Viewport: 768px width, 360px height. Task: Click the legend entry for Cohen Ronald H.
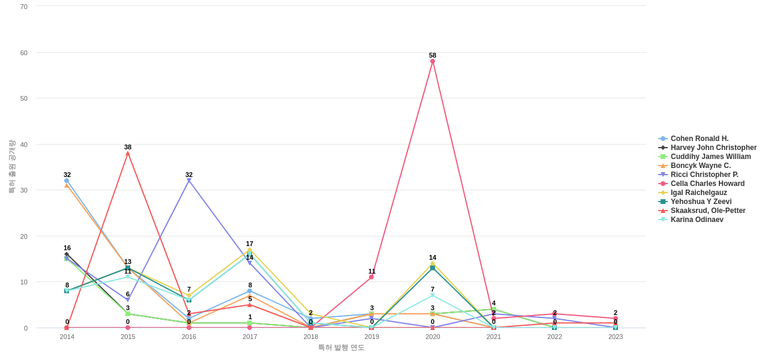click(x=699, y=139)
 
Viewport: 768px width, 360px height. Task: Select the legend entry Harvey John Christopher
click(x=713, y=148)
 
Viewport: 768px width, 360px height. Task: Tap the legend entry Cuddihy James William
click(x=710, y=157)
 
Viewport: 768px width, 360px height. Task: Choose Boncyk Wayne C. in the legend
click(x=700, y=166)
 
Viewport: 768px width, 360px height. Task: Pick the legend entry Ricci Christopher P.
click(x=704, y=175)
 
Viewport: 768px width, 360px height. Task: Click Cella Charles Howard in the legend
click(x=707, y=184)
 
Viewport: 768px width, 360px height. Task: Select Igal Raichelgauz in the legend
click(x=698, y=193)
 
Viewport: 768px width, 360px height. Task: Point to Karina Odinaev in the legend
click(x=697, y=220)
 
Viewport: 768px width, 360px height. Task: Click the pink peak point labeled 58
click(x=433, y=61)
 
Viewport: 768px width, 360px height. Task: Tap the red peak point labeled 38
click(x=128, y=154)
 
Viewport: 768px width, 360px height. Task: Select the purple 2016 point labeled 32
click(x=189, y=181)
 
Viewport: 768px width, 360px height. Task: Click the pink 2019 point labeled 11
click(x=371, y=277)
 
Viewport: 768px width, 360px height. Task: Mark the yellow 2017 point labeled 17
click(x=250, y=250)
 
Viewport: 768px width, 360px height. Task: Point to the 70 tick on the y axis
click(x=24, y=7)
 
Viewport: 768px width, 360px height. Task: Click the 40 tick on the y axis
click(x=24, y=145)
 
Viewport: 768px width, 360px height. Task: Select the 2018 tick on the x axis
click(x=311, y=337)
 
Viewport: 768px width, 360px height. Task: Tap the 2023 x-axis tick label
click(x=616, y=337)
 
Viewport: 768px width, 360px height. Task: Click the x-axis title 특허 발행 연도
click(x=341, y=347)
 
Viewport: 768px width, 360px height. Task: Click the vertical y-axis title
click(x=11, y=167)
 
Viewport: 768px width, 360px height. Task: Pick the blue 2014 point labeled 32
click(x=67, y=181)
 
